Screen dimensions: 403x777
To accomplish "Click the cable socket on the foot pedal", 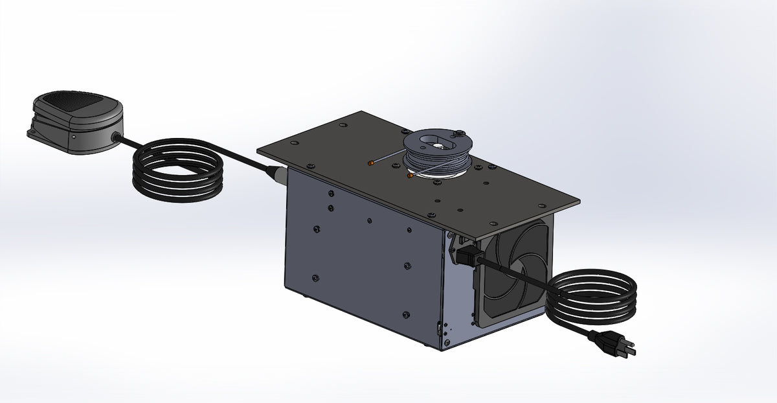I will pos(115,137).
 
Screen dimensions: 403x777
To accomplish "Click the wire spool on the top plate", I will pos(437,152).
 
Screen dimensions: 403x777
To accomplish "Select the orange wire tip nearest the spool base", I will pos(409,174).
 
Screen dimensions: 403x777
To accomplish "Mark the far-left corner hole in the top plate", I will pos(271,150).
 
